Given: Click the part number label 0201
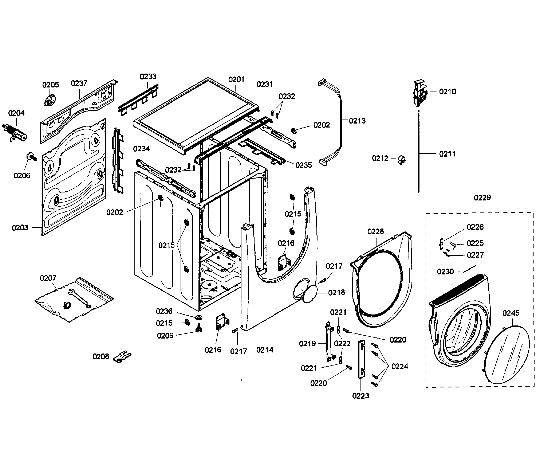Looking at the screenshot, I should pos(236,79).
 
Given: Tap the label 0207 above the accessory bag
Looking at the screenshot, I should pos(48,278).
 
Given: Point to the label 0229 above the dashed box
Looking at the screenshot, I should pos(482,198).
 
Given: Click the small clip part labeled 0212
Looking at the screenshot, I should pos(402,160).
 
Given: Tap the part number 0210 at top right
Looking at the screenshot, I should pos(448,92).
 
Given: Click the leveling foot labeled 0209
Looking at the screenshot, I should pos(199,328).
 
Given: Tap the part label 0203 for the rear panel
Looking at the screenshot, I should pos(20,228).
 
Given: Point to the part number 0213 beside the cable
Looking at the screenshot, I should pos(357,121).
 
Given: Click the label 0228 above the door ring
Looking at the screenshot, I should pos(375,231).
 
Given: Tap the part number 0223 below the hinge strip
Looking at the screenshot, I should pos(360,396).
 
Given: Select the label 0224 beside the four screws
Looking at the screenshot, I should pos(400,366).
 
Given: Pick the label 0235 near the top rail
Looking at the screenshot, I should pos(303,165).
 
